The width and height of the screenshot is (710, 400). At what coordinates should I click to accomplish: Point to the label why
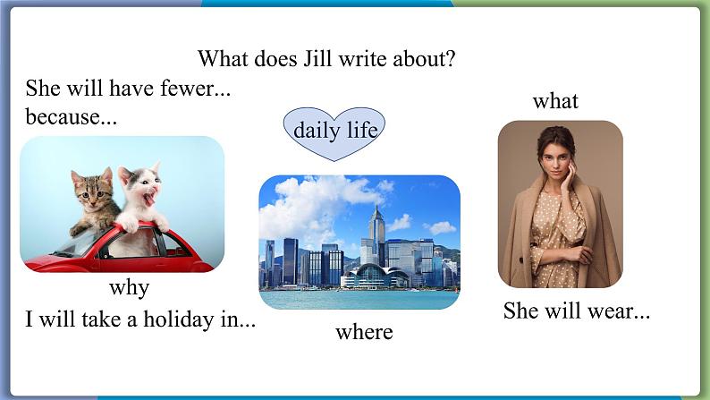(x=130, y=288)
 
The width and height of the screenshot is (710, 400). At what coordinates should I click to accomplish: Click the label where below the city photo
(x=364, y=332)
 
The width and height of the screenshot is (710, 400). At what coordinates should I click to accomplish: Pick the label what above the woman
(x=555, y=100)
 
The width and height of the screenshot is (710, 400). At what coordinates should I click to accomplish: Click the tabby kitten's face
(x=93, y=191)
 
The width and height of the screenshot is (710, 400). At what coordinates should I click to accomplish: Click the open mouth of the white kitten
(x=149, y=198)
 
